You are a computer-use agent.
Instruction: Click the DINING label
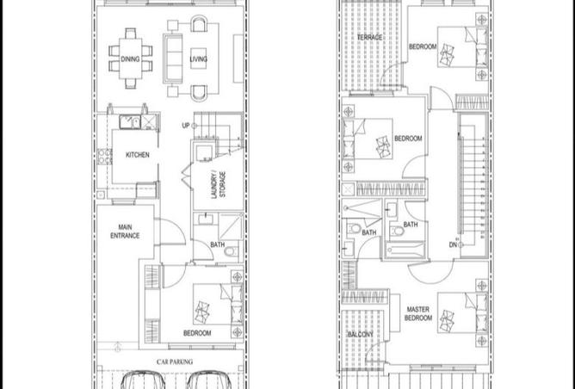click(x=130, y=59)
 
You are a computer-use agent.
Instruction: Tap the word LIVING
click(x=198, y=59)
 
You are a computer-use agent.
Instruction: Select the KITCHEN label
click(x=138, y=155)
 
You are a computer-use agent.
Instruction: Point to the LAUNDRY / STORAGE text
click(x=219, y=184)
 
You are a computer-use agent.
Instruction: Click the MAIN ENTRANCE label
click(x=125, y=232)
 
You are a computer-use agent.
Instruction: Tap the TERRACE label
click(x=369, y=37)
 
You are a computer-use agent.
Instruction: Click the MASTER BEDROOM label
click(x=418, y=314)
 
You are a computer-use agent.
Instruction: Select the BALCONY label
click(x=361, y=335)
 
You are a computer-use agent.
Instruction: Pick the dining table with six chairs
click(x=131, y=59)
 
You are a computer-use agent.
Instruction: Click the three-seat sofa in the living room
click(x=173, y=59)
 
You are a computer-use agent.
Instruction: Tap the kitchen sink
click(x=130, y=122)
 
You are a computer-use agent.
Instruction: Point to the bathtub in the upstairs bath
click(x=405, y=250)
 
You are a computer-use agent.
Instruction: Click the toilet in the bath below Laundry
click(x=231, y=251)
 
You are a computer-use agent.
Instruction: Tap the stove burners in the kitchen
click(x=104, y=156)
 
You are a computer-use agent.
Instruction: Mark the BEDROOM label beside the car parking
click(x=197, y=333)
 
